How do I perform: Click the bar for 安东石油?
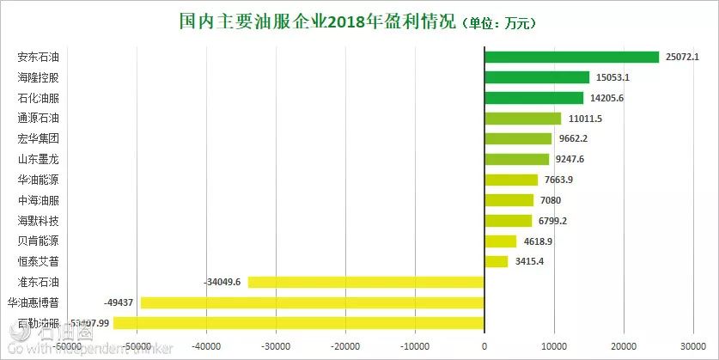click(x=571, y=57)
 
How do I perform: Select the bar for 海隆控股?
click(x=537, y=77)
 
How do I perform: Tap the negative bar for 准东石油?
click(x=366, y=282)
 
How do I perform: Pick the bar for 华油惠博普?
click(x=313, y=302)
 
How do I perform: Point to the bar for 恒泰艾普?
click(x=497, y=261)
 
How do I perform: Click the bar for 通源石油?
click(x=522, y=118)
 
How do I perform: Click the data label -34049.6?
click(x=224, y=282)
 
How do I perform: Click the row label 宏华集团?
click(x=39, y=138)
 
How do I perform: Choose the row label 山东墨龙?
click(x=39, y=159)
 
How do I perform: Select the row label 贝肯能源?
click(x=39, y=241)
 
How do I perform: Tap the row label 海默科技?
click(x=39, y=221)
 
